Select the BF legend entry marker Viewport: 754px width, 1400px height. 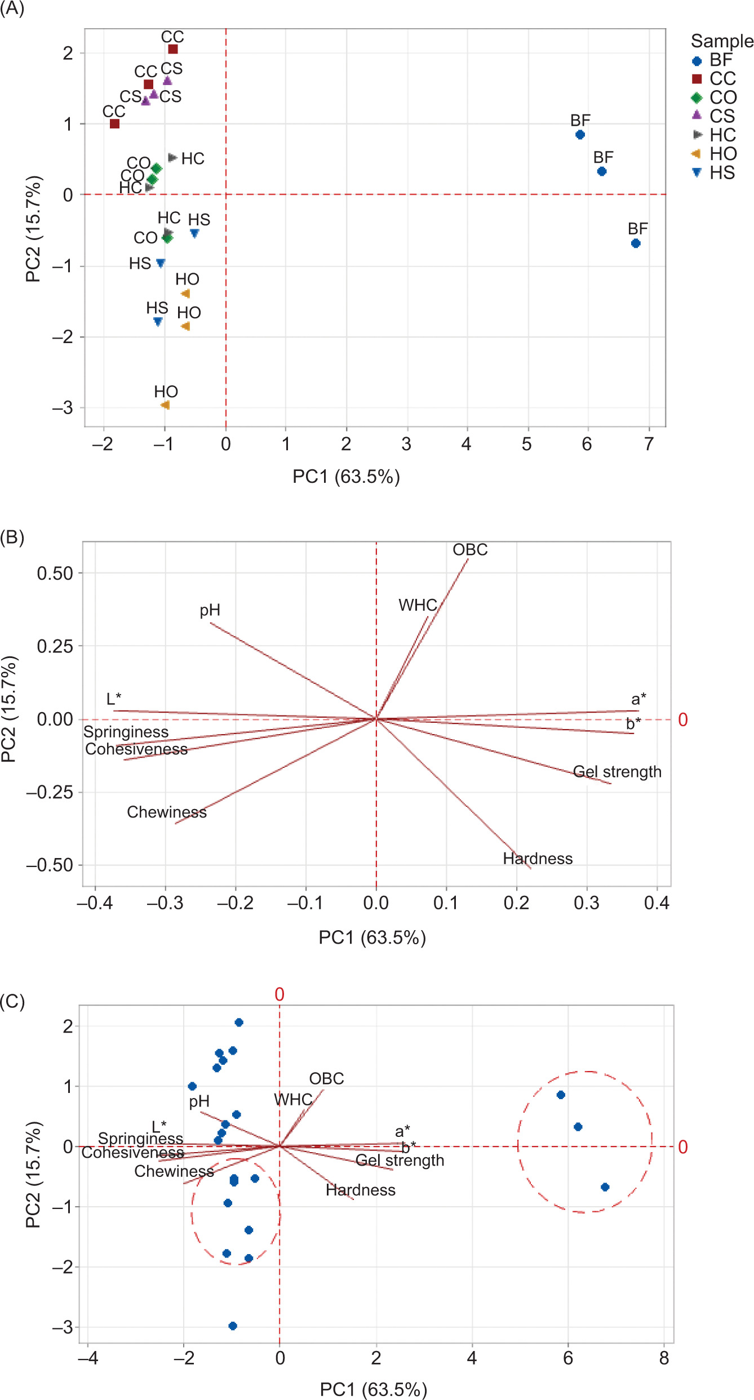coord(697,61)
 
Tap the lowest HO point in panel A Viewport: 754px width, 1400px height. coord(165,405)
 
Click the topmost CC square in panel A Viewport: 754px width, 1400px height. coord(173,50)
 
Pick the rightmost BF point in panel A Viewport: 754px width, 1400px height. coord(636,243)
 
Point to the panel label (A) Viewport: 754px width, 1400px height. coord(12,10)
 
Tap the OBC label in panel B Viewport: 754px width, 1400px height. coord(470,550)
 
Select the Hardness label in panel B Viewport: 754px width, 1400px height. coord(538,859)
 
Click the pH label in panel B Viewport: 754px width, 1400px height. coord(210,610)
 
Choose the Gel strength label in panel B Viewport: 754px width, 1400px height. coord(617,772)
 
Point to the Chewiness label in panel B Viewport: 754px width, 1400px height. coord(167,812)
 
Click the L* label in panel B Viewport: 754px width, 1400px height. coord(114,699)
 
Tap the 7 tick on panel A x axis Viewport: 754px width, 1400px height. coord(649,444)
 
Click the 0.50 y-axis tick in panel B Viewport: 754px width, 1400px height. coord(55,574)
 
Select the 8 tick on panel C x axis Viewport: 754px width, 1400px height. coord(664,1358)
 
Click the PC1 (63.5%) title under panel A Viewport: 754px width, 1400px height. coord(346,477)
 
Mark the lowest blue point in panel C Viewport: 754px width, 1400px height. coord(233,1326)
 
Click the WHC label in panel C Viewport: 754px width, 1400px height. coord(293,1099)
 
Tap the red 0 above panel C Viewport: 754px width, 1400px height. coord(280,995)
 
